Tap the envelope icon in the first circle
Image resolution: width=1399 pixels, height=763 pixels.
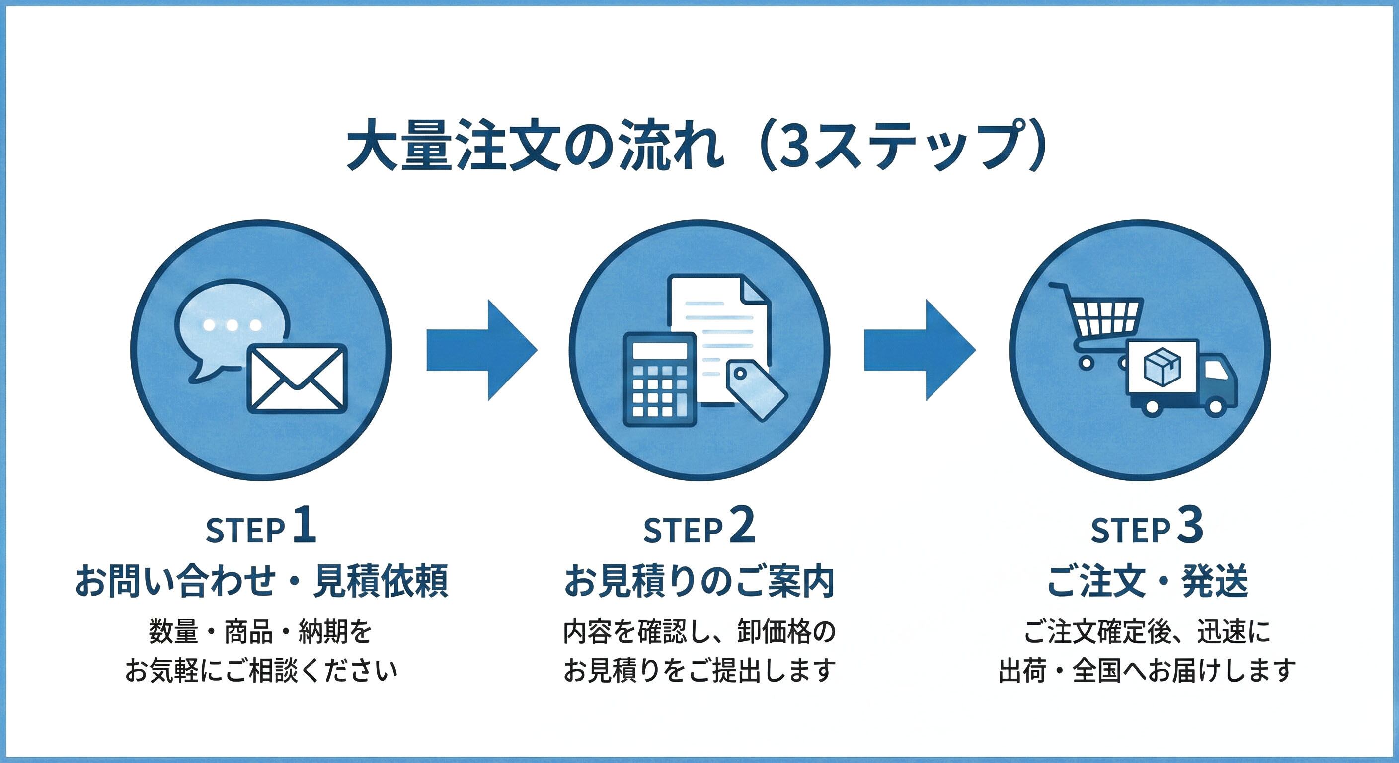(x=297, y=378)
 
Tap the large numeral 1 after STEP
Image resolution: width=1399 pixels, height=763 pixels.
(x=304, y=527)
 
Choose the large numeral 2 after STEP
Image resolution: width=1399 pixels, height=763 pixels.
(x=742, y=527)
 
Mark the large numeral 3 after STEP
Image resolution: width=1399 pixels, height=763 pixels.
(x=1190, y=527)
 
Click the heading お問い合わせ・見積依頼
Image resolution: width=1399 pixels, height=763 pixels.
(x=261, y=581)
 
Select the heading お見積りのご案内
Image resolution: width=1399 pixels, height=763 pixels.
(x=699, y=581)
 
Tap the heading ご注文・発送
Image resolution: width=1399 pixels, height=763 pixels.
(x=1147, y=581)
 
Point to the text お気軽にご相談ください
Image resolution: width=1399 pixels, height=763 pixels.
(x=261, y=671)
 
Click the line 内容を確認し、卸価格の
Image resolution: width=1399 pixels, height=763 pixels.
(x=699, y=632)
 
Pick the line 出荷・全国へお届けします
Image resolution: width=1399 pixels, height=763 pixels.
(x=1147, y=671)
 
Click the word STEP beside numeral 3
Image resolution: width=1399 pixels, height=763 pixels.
(x=1130, y=531)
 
